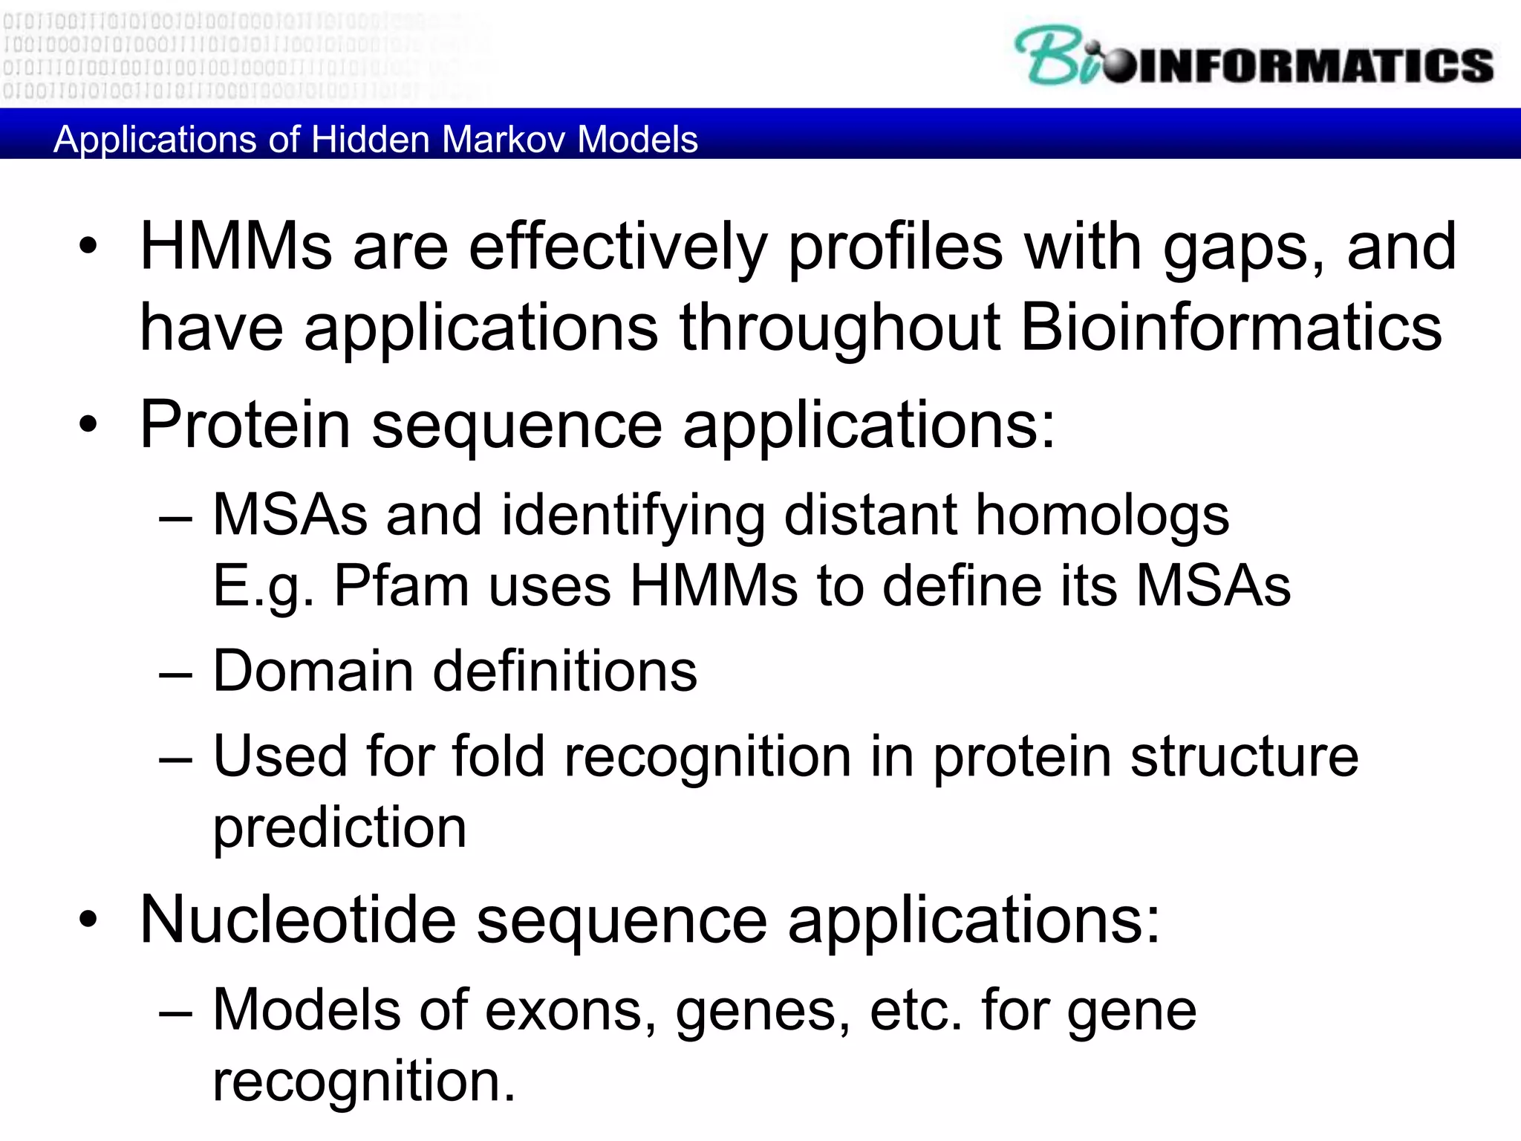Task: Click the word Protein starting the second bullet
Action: coord(245,425)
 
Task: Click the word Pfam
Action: coord(401,587)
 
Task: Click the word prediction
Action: coord(339,828)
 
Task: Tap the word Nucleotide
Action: coord(298,920)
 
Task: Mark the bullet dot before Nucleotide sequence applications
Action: coord(88,920)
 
